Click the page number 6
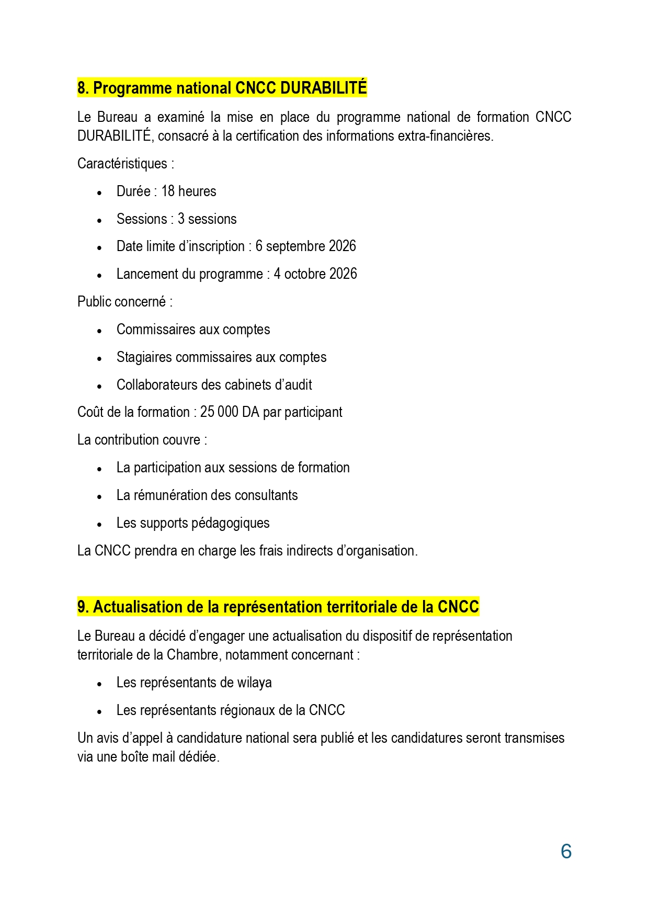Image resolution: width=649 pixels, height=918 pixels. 566,852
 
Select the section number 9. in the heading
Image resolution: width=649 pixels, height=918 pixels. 84,607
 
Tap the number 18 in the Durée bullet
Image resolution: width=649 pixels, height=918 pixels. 168,191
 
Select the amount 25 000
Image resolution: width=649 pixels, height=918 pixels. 219,412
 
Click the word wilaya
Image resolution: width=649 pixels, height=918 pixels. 254,683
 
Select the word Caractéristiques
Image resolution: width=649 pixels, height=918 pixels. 122,164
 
